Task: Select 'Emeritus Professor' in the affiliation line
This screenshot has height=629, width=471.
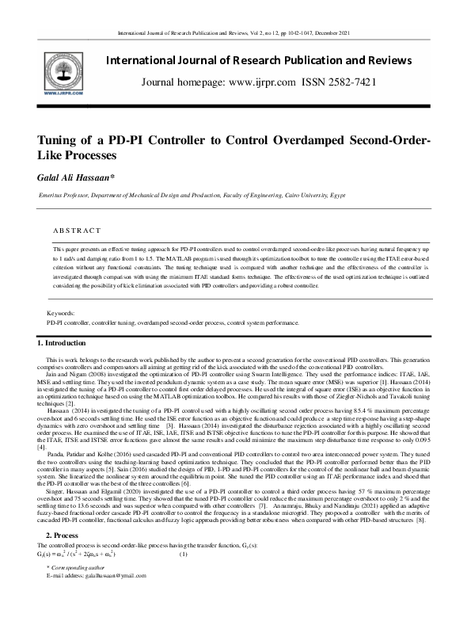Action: coord(66,194)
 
